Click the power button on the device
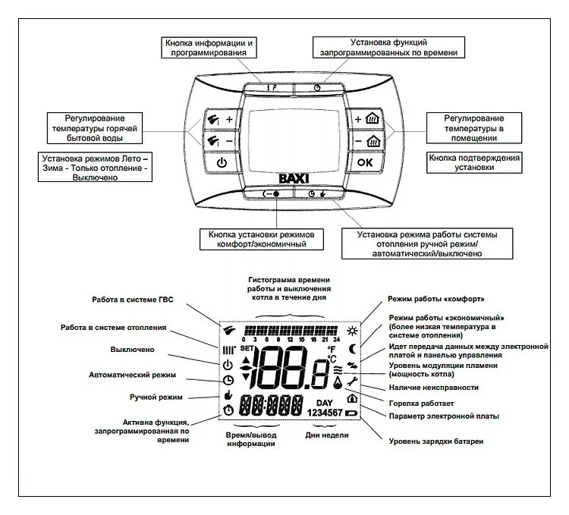pos(221,162)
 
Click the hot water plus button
pos(221,120)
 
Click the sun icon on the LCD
pos(350,332)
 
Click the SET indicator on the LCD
pos(247,348)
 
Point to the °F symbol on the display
pos(331,349)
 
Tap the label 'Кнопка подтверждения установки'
pos(474,163)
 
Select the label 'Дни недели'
pos(326,435)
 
